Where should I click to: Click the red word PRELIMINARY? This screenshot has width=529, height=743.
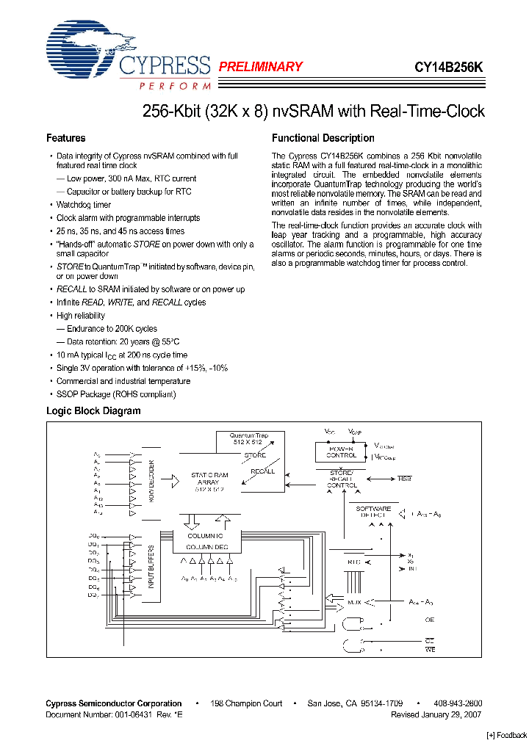point(261,67)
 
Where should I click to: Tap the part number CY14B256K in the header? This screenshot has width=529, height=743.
point(448,67)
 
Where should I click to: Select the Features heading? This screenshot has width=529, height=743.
point(66,138)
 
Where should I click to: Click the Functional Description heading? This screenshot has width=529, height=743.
point(323,138)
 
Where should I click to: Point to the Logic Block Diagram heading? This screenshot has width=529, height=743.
point(93,410)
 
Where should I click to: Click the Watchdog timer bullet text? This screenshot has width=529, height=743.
point(84,205)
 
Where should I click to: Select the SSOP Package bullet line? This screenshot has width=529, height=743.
point(116,394)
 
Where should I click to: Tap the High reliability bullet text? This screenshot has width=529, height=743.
point(81,316)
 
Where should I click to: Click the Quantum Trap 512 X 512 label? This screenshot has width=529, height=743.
point(249,439)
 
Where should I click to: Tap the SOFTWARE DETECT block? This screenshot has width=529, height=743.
point(373,512)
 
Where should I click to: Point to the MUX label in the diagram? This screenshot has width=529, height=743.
point(354,601)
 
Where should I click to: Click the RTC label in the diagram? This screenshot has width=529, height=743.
point(356,562)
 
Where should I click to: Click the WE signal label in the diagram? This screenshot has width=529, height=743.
point(430,648)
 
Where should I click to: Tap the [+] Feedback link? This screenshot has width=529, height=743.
point(507,735)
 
